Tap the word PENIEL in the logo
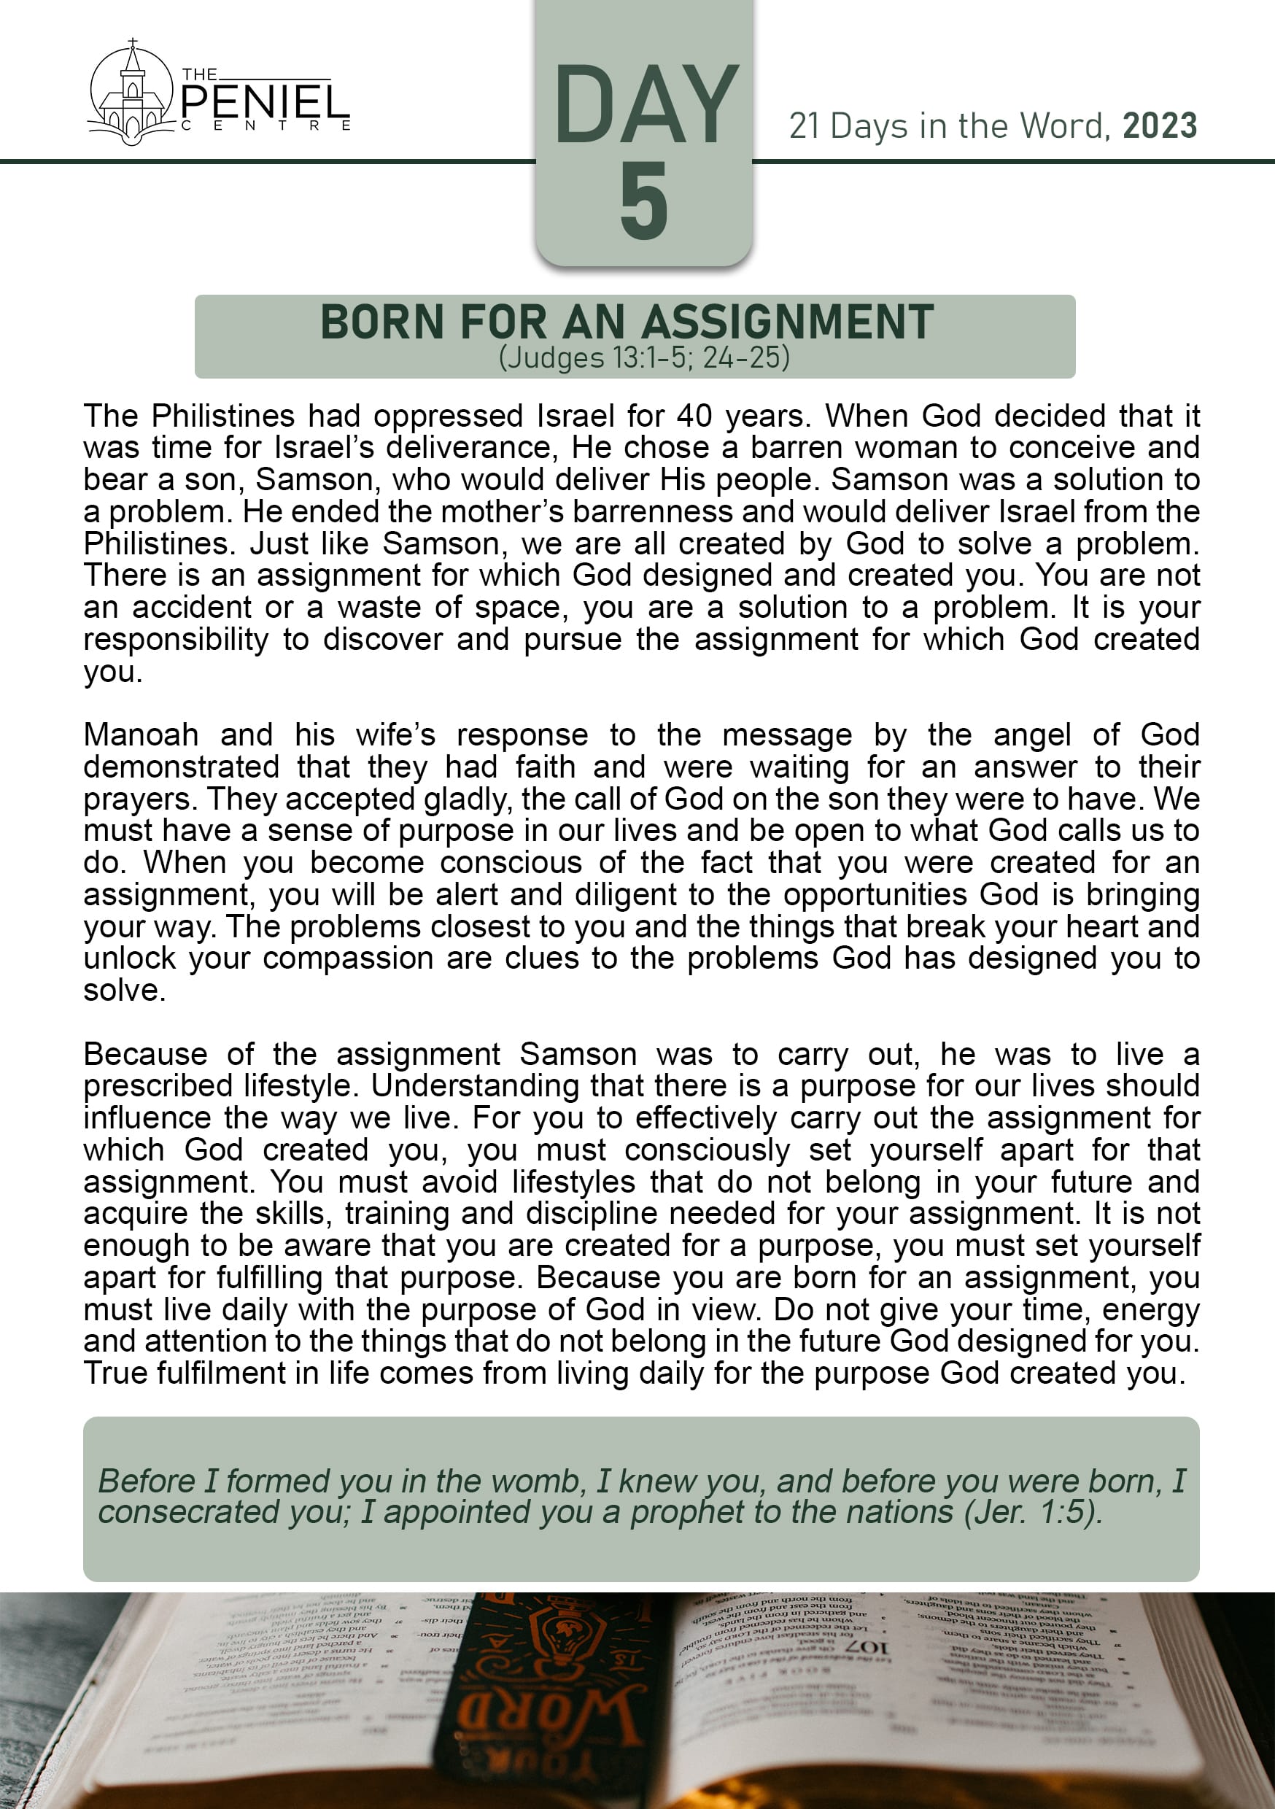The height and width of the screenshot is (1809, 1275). pyautogui.click(x=266, y=102)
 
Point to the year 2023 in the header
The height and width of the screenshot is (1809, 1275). pyautogui.click(x=1160, y=126)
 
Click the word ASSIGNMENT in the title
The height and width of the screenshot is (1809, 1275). pyautogui.click(x=788, y=322)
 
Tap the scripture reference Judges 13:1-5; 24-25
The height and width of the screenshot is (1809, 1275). pyautogui.click(x=644, y=357)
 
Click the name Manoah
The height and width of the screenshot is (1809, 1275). pyautogui.click(x=141, y=735)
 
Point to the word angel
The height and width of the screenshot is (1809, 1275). pyautogui.click(x=1031, y=735)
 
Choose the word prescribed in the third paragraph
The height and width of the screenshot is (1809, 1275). pyautogui.click(x=158, y=1087)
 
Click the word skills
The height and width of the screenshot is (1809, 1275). pyautogui.click(x=290, y=1214)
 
